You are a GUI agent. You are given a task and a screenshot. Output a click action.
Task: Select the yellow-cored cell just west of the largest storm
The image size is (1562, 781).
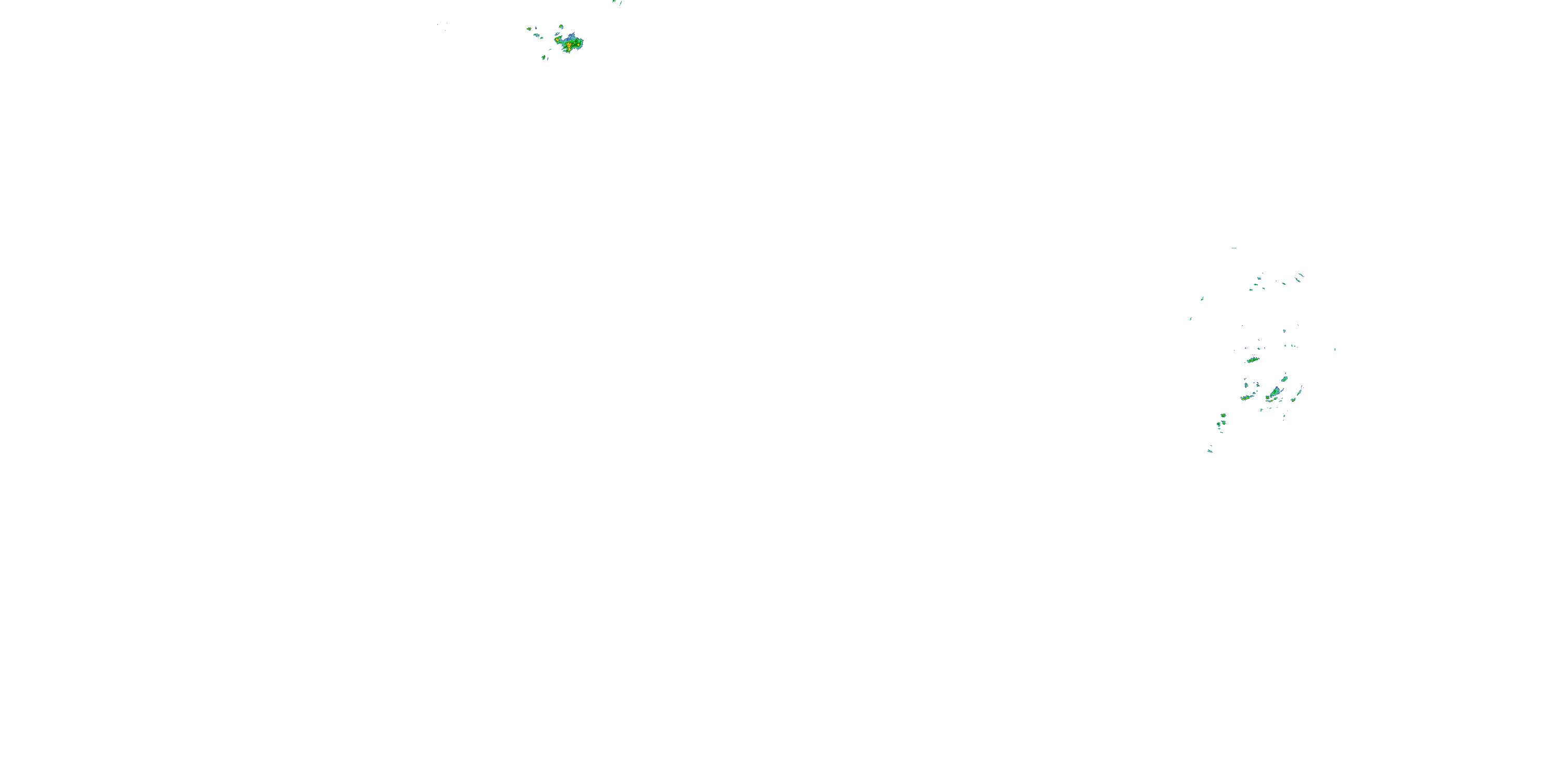557,40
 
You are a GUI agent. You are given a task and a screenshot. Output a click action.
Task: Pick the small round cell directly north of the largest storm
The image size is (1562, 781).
561,27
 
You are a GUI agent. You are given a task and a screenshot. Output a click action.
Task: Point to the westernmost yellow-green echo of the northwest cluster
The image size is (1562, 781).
530,29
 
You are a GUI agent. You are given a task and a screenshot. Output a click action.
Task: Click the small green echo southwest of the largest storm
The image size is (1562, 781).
544,58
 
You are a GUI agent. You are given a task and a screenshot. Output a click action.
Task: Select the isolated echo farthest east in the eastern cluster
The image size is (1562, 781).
1334,349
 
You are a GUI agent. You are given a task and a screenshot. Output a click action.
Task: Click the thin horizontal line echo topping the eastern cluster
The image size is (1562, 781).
1234,248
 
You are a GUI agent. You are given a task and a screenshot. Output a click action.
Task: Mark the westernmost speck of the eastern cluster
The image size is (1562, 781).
1191,318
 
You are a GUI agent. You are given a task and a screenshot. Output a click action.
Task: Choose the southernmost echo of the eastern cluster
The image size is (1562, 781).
1211,450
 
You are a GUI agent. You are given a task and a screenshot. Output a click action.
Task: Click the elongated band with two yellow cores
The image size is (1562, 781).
1246,398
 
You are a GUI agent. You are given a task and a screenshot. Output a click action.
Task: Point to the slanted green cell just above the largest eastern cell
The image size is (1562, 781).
1284,379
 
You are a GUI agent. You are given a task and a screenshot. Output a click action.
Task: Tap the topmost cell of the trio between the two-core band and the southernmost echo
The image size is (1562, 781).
1223,415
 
